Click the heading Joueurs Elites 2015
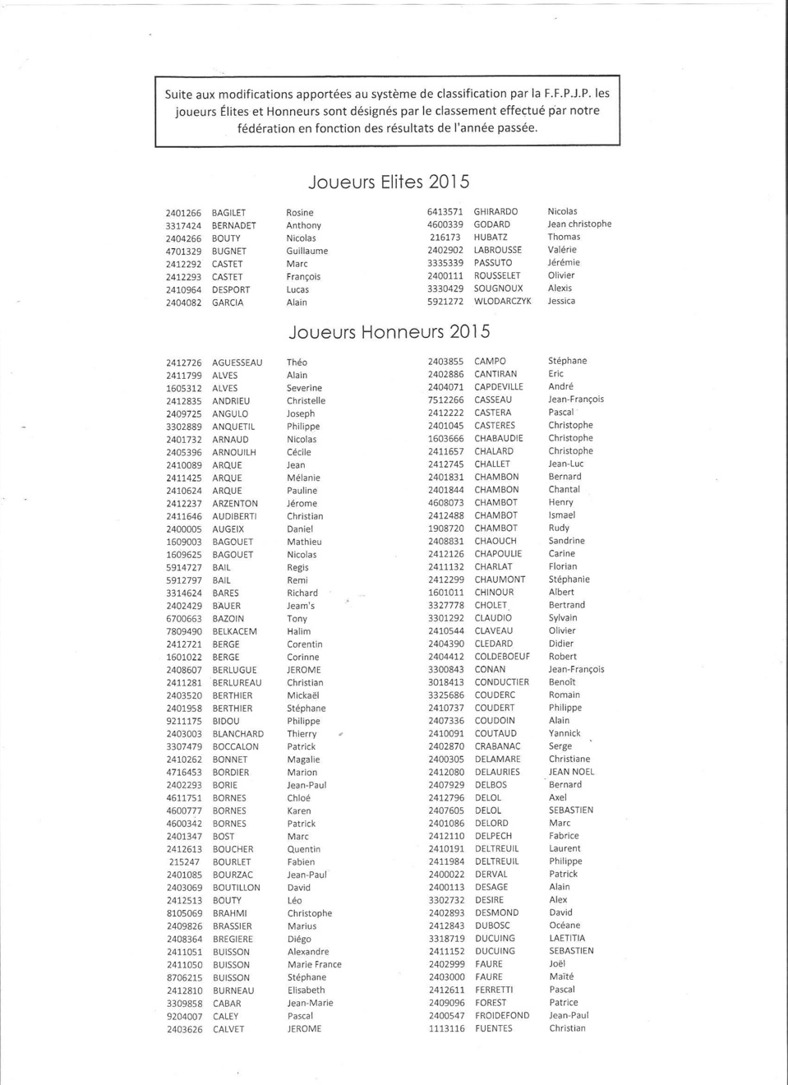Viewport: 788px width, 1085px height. tap(389, 182)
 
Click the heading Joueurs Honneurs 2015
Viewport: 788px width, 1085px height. tap(389, 332)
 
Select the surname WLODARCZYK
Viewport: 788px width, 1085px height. tap(502, 302)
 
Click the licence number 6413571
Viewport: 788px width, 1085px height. tap(445, 211)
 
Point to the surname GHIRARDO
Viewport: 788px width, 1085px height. tap(495, 211)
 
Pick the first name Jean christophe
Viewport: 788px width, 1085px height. tap(579, 224)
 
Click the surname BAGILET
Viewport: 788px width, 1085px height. tap(228, 213)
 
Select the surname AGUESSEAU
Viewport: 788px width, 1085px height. tap(237, 362)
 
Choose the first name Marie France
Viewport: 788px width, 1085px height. tap(315, 965)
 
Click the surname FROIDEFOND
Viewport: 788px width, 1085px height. tap(502, 1016)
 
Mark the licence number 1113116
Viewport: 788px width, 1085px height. tap(446, 1028)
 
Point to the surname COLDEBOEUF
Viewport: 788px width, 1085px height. tap(502, 657)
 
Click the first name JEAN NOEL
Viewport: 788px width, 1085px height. tap(572, 772)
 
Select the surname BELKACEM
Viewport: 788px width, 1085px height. tap(235, 631)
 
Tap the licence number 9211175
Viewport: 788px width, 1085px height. tap(184, 721)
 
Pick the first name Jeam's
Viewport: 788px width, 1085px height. tap(301, 606)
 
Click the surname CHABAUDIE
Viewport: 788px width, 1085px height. tap(499, 438)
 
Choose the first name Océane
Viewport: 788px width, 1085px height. tap(565, 926)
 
